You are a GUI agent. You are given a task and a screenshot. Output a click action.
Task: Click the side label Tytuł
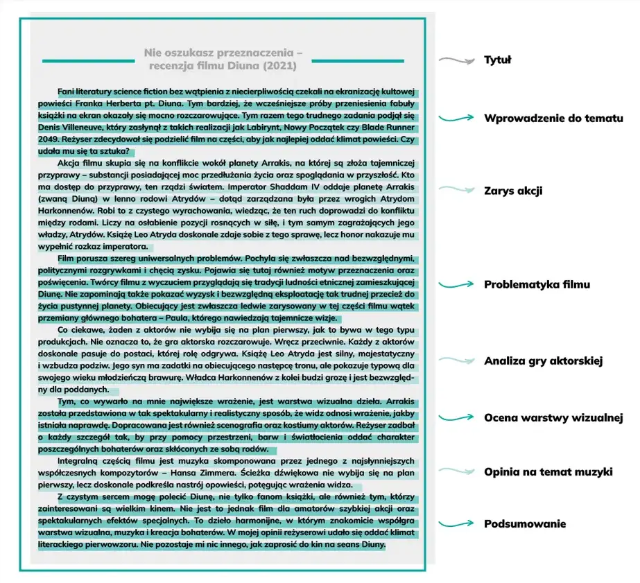pyautogui.click(x=496, y=60)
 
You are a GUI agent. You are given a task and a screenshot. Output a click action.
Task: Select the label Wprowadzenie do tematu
pyautogui.click(x=553, y=119)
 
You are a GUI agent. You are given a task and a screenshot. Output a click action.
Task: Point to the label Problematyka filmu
pyautogui.click(x=537, y=284)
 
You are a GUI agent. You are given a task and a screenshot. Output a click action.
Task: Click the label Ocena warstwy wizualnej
pyautogui.click(x=553, y=417)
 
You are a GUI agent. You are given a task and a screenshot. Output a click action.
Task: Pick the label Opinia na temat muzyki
pyautogui.click(x=548, y=472)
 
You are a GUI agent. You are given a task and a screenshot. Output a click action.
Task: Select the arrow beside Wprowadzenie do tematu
pyautogui.click(x=456, y=119)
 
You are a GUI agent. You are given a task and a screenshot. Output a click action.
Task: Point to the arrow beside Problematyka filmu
pyautogui.click(x=456, y=284)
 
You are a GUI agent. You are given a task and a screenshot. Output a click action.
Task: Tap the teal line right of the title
pyautogui.click(x=357, y=60)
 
